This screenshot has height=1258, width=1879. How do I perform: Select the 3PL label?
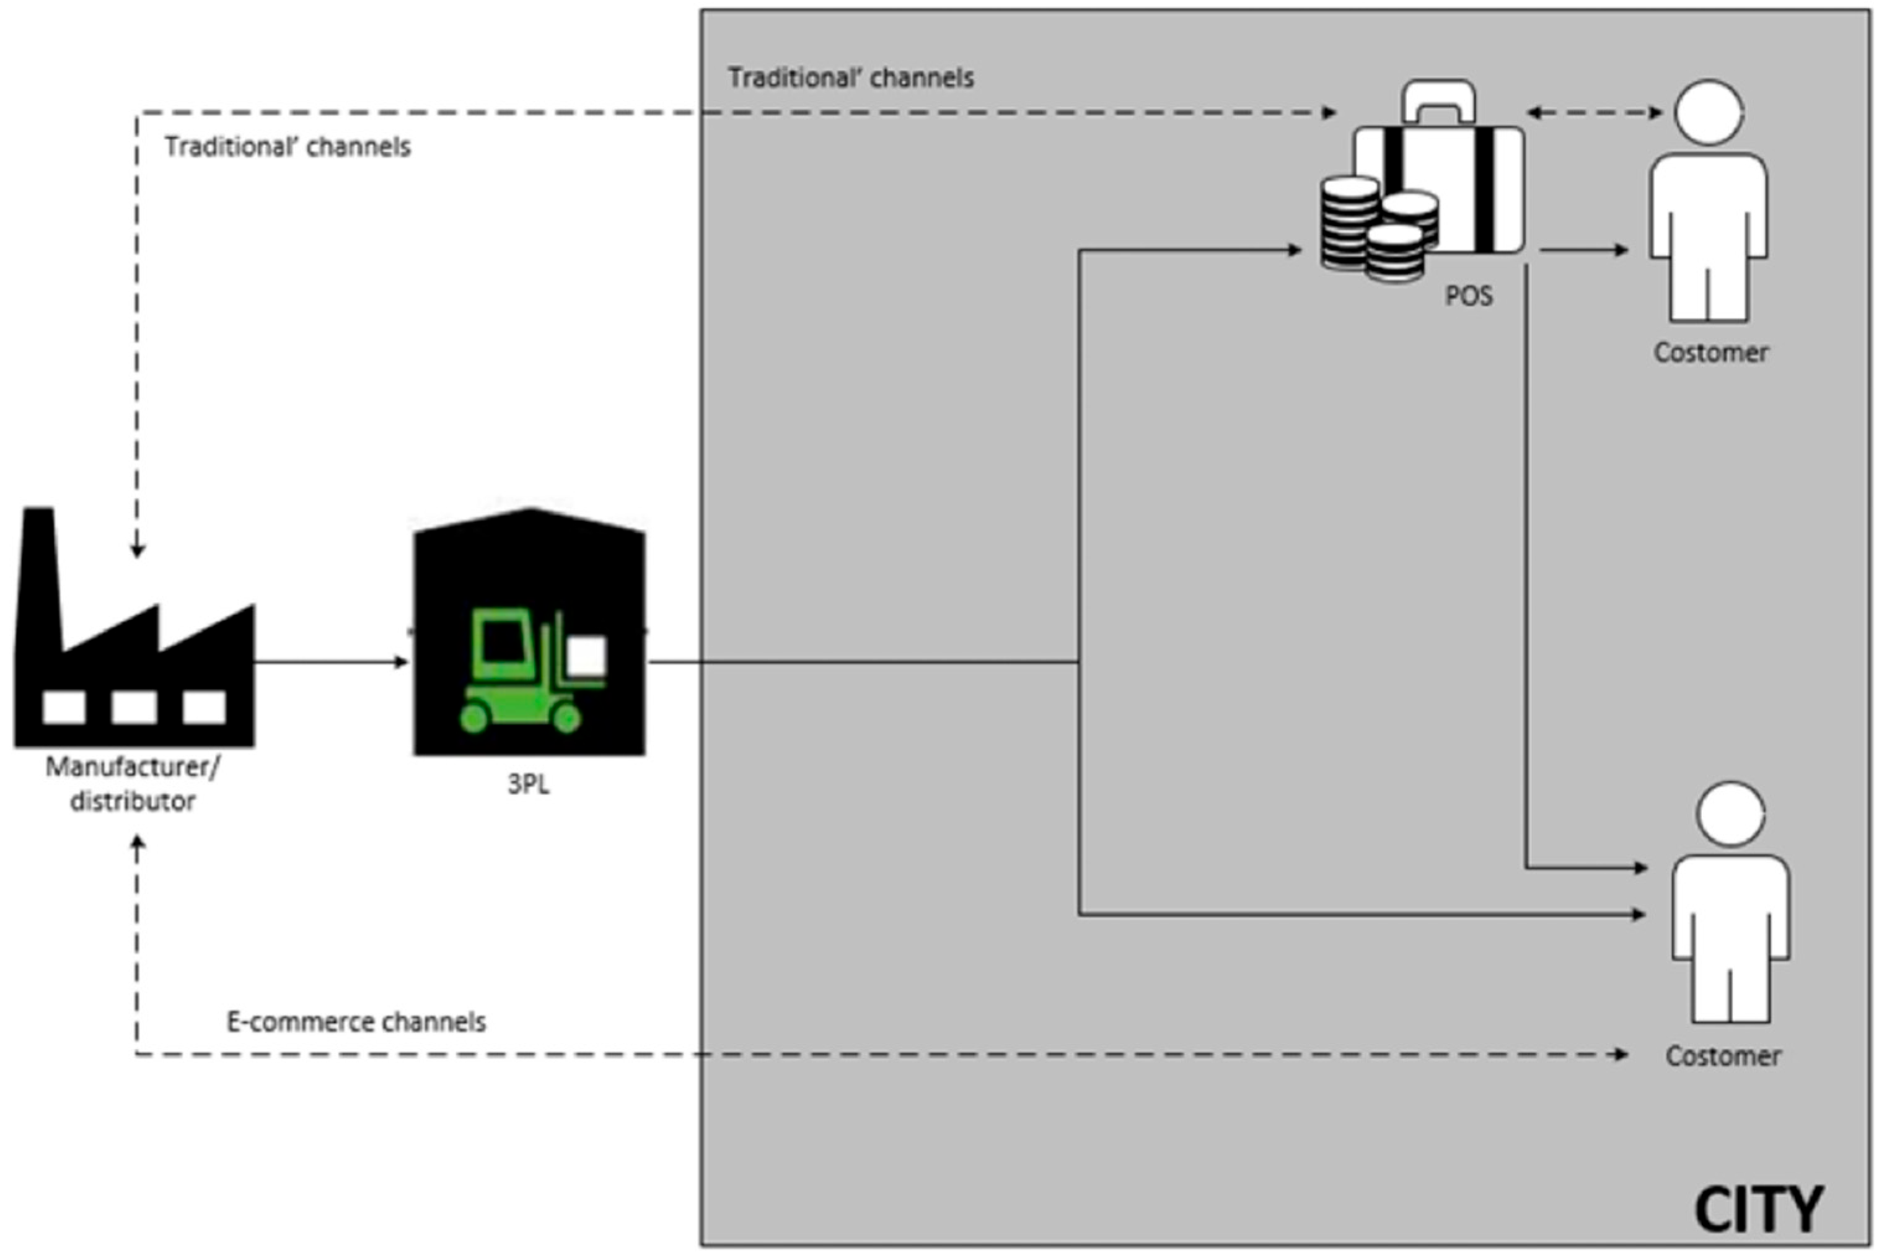(529, 784)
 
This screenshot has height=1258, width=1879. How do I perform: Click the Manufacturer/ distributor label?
(133, 784)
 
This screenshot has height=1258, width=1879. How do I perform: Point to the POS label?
(1469, 296)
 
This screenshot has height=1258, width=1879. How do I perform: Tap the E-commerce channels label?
(356, 1022)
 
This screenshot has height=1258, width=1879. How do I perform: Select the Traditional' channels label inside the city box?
(850, 78)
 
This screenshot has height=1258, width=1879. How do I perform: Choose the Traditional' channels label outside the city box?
(287, 147)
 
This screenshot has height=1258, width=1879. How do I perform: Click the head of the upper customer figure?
(1709, 112)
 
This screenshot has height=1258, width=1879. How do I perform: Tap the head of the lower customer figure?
(1730, 814)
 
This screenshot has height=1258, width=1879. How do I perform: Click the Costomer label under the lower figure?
(1723, 1056)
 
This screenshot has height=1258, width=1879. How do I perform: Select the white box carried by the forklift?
(586, 657)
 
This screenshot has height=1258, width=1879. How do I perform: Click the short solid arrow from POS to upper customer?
(1584, 250)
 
